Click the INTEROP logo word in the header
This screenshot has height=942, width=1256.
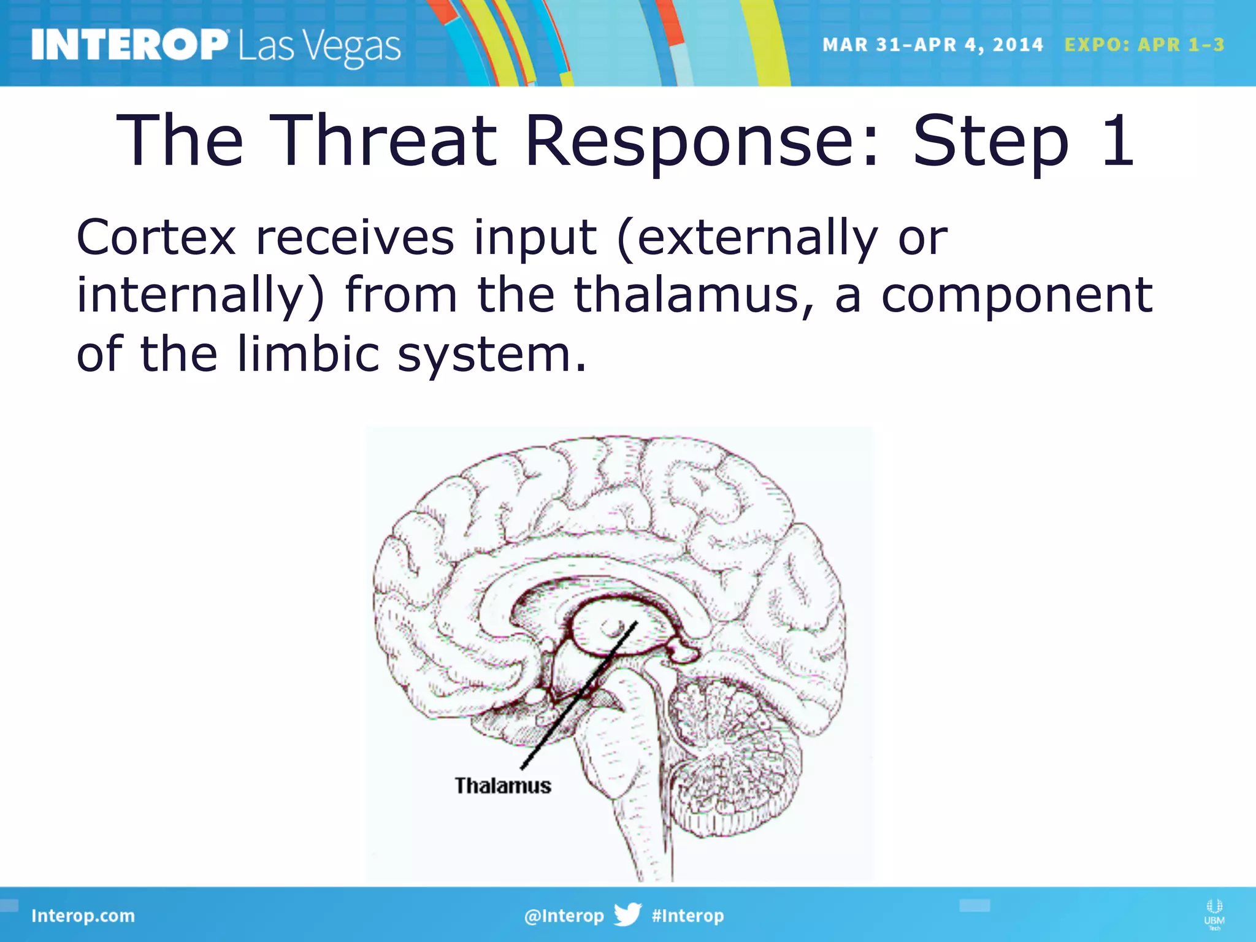[129, 45]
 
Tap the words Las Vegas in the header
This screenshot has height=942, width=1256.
[320, 48]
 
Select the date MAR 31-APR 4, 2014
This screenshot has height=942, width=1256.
[932, 45]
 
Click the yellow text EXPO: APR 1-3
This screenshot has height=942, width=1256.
[1144, 45]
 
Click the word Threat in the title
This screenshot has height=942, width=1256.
[383, 141]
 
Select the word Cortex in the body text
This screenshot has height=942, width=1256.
[156, 238]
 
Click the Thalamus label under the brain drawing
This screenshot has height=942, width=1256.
[502, 786]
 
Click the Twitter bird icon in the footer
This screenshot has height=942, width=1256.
[627, 914]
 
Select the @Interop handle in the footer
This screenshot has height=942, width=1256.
[564, 916]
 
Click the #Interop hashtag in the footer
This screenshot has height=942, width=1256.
[687, 916]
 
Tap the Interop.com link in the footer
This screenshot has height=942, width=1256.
[83, 916]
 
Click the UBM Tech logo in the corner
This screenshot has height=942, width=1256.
[1214, 914]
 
